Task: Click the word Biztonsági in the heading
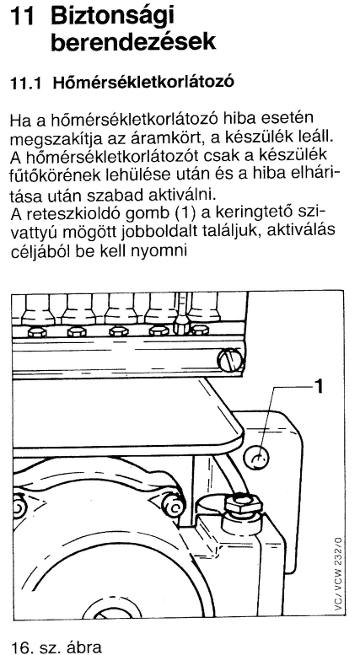click(112, 19)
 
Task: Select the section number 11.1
click(26, 83)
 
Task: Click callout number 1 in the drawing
click(318, 387)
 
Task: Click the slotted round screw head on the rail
click(229, 358)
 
